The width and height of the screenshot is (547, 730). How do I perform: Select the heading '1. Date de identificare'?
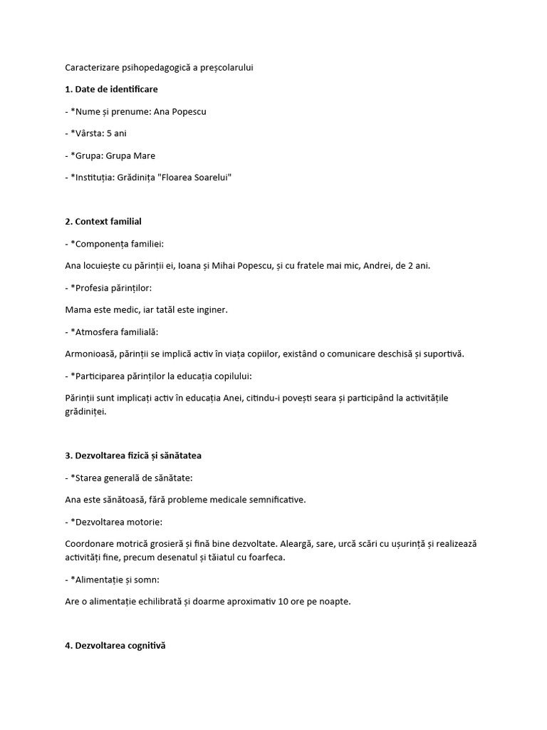click(111, 89)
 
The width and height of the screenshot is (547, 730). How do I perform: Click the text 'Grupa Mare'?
click(132, 155)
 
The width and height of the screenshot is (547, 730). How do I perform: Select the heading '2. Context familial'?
click(103, 222)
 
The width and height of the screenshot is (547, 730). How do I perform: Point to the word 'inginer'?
click(210, 310)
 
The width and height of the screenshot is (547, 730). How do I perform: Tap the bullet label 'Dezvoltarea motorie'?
click(117, 521)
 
